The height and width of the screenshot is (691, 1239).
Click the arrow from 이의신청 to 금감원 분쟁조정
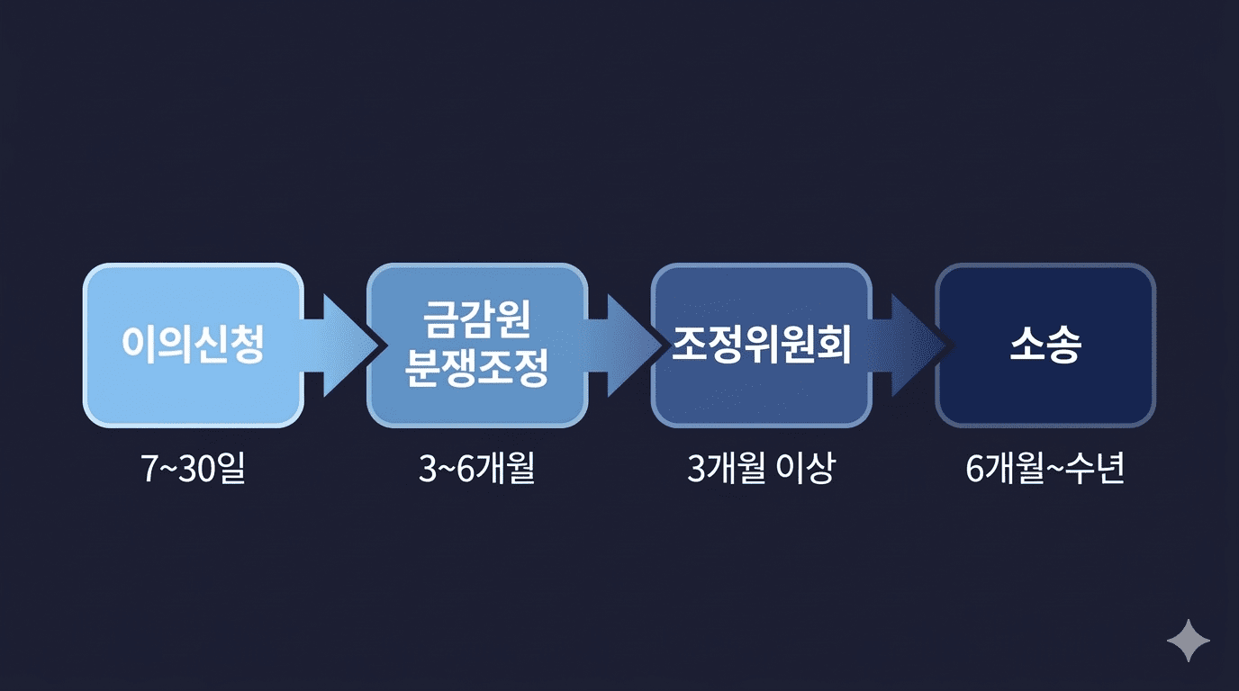click(338, 345)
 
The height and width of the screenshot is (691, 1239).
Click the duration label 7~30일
click(194, 470)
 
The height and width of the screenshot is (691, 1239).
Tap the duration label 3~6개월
click(476, 470)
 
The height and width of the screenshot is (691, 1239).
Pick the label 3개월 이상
click(761, 470)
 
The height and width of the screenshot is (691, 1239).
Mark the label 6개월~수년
click(1045, 470)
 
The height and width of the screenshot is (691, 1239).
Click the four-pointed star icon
click(1189, 641)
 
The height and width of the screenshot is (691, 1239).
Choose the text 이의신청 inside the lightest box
click(193, 345)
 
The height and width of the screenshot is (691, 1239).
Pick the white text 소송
click(1045, 345)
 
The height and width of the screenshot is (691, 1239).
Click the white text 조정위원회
click(761, 345)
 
